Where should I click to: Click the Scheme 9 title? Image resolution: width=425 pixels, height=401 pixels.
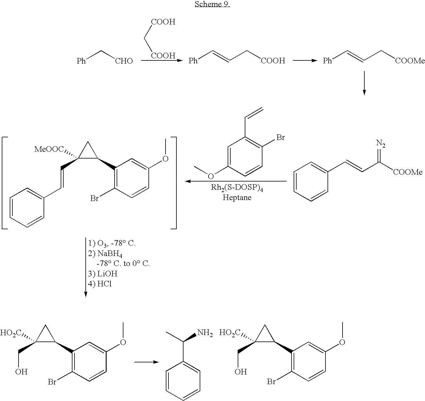click(212, 4)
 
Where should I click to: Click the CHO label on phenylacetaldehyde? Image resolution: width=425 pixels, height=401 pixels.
click(124, 61)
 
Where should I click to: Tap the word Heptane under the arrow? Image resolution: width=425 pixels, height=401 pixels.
click(237, 197)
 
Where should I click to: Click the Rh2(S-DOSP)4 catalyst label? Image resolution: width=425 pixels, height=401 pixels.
click(237, 188)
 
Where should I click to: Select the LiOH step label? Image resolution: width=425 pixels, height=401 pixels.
click(107, 274)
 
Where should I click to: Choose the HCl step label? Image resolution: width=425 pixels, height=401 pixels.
click(105, 284)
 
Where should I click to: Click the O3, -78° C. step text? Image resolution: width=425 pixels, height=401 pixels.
click(116, 243)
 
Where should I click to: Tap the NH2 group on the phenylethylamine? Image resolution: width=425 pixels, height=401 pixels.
click(205, 333)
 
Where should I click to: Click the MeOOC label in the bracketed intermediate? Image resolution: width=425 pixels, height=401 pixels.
click(49, 149)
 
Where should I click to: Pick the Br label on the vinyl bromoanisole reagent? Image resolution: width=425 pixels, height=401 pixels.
click(281, 137)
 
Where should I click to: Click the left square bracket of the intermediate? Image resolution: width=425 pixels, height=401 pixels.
click(5, 183)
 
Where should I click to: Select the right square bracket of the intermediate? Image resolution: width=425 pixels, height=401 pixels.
click(173, 183)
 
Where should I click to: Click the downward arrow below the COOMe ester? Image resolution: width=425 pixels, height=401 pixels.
click(364, 83)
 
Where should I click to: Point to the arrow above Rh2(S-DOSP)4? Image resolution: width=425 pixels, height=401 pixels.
click(236, 181)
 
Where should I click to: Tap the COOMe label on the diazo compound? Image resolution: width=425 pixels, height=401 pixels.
click(408, 172)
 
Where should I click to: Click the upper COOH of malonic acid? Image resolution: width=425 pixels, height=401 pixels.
click(163, 22)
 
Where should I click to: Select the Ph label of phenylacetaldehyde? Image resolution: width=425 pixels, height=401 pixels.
click(81, 61)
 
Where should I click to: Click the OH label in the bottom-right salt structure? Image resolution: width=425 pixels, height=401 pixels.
click(241, 372)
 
